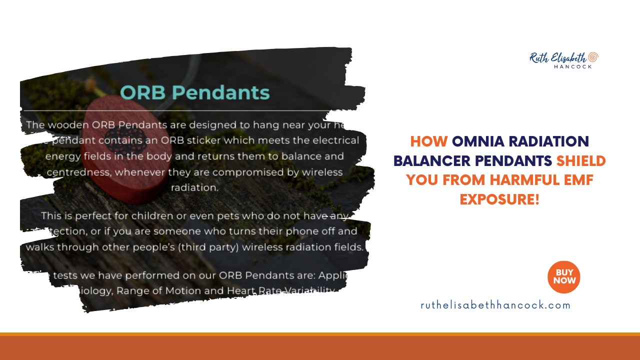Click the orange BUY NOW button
point(563,276)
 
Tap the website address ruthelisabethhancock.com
point(495,305)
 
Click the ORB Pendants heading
point(195,92)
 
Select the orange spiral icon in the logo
point(593,56)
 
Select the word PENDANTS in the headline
point(517,161)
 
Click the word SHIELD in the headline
point(581,161)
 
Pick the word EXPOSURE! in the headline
point(499,199)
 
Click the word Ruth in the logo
point(540,57)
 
